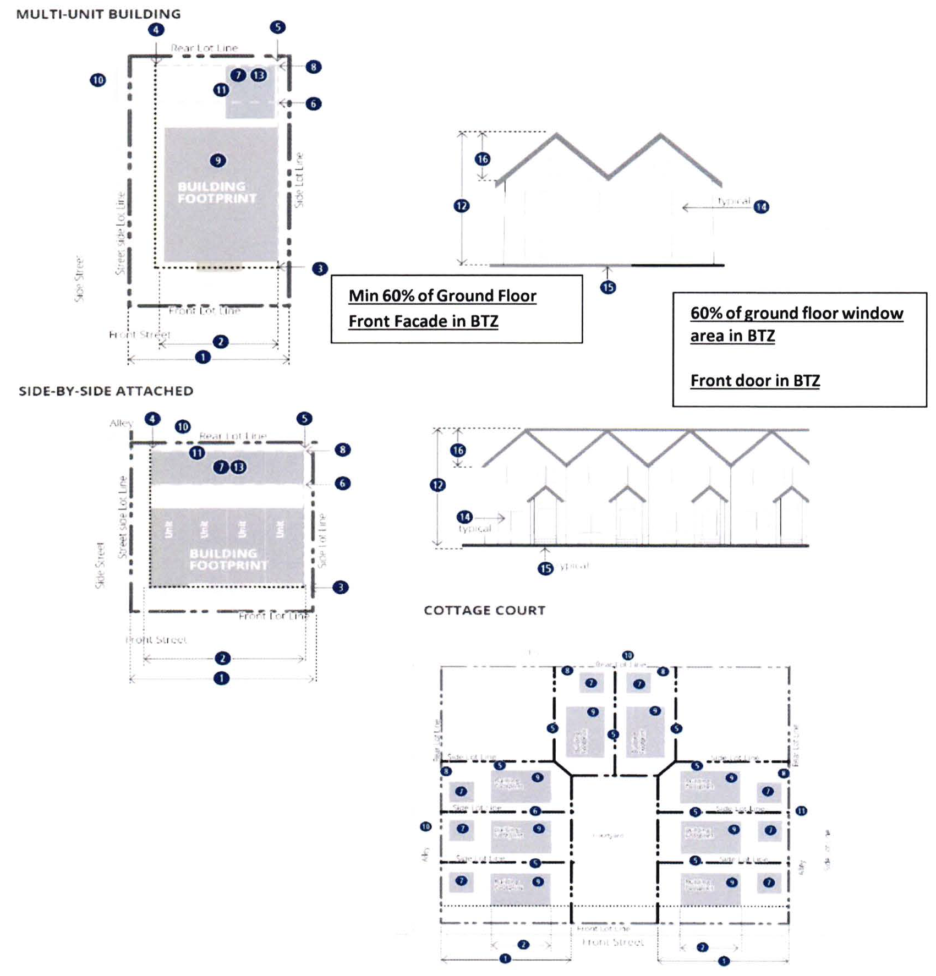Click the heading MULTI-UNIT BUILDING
[x=98, y=14]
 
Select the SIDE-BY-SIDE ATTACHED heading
[x=106, y=391]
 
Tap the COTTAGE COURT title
[x=484, y=610]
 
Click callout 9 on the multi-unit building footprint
[x=218, y=161]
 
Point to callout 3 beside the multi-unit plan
[x=320, y=268]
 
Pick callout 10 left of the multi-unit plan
[x=98, y=80]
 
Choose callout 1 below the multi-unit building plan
[x=203, y=357]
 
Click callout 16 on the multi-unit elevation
[x=483, y=159]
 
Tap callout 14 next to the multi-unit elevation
[x=762, y=207]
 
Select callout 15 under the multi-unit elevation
[x=608, y=287]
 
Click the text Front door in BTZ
[x=755, y=381]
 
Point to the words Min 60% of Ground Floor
[x=442, y=296]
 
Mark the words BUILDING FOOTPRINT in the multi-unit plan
[x=217, y=193]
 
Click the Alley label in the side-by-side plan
[x=121, y=423]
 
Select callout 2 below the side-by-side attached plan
[x=222, y=659]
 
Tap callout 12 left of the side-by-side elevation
[x=438, y=485]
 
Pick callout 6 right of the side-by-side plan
[x=342, y=484]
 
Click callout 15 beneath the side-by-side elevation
[x=545, y=568]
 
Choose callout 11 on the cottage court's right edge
[x=801, y=811]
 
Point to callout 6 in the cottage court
[x=535, y=811]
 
